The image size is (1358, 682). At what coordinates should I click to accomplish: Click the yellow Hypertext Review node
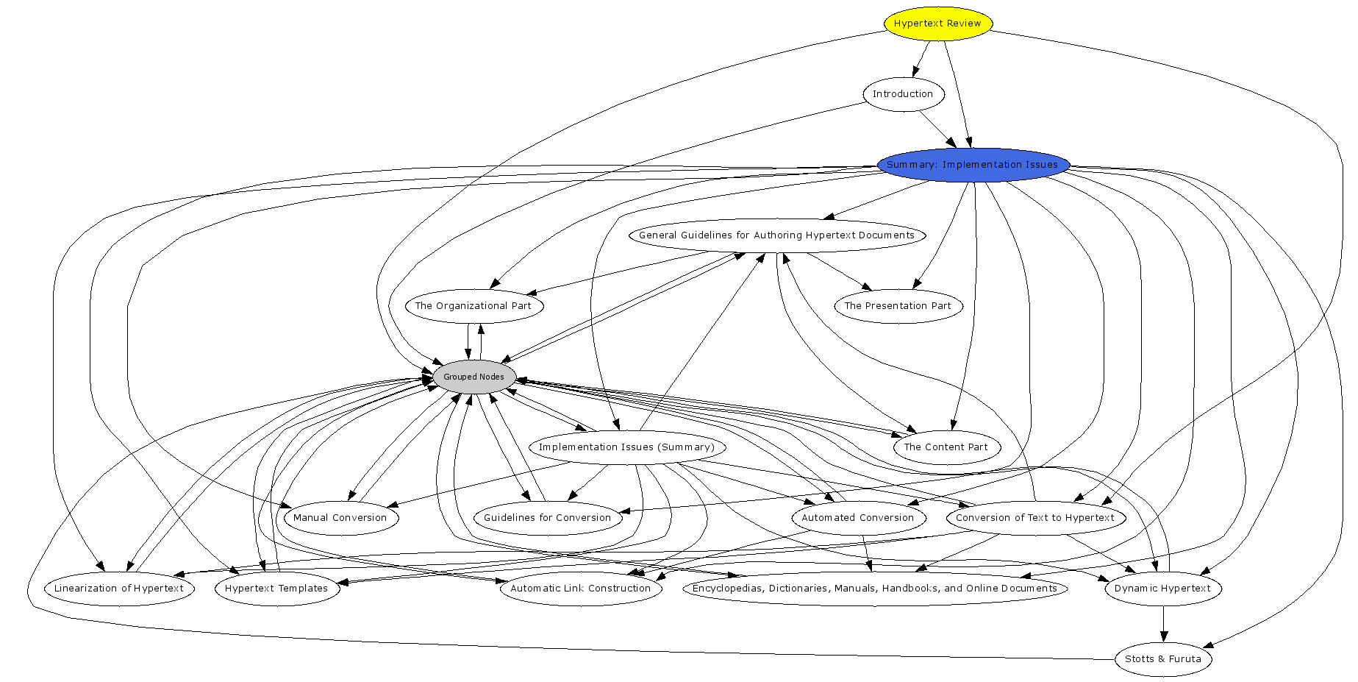[x=937, y=24]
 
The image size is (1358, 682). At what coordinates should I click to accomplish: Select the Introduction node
[x=903, y=94]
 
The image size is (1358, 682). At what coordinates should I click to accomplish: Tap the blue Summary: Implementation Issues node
[x=973, y=165]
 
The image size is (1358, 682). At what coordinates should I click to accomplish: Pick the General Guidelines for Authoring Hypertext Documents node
[x=776, y=235]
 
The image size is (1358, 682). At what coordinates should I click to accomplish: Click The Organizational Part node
[x=473, y=306]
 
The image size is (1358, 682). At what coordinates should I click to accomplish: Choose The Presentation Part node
[x=898, y=306]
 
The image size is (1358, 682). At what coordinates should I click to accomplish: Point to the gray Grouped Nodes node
[x=473, y=377]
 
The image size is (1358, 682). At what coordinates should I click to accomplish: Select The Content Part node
[x=946, y=447]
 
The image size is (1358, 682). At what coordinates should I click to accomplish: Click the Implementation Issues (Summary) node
[x=626, y=447]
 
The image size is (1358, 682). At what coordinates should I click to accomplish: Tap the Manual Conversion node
[x=340, y=518]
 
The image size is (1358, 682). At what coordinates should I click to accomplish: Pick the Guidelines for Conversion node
[x=548, y=518]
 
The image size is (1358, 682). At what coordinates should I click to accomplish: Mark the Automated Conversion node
[x=858, y=518]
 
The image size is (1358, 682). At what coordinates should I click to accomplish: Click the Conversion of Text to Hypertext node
[x=1035, y=518]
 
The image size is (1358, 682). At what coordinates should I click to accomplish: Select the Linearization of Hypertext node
[x=119, y=589]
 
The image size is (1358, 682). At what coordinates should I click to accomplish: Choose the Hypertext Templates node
[x=276, y=589]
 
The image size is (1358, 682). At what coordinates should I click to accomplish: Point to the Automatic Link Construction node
[x=581, y=589]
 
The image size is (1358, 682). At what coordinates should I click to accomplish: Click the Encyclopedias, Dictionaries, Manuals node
[x=875, y=589]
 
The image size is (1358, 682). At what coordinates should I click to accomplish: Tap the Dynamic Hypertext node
[x=1162, y=589]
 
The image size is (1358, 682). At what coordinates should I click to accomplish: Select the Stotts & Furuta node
[x=1163, y=659]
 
